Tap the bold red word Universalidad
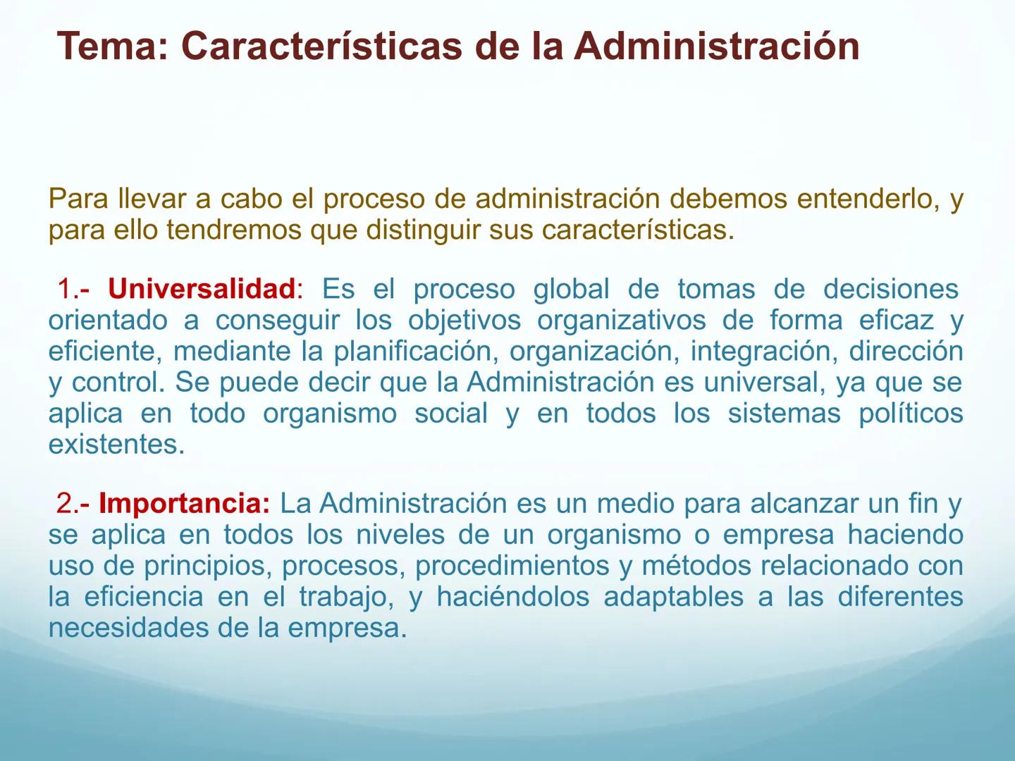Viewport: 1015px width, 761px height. tap(202, 289)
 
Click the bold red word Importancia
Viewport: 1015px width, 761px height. tap(183, 503)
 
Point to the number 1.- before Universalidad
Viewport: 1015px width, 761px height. tap(73, 289)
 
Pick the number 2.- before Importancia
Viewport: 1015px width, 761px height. tap(73, 503)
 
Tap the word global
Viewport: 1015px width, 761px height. tap(571, 289)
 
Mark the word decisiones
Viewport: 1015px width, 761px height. tap(890, 289)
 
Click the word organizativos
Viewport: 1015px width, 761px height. tap(621, 321)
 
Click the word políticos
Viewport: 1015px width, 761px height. tap(910, 414)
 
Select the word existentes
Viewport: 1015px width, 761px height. tap(116, 445)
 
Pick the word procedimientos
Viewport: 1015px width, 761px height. tap(512, 566)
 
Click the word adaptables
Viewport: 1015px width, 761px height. tap(673, 597)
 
